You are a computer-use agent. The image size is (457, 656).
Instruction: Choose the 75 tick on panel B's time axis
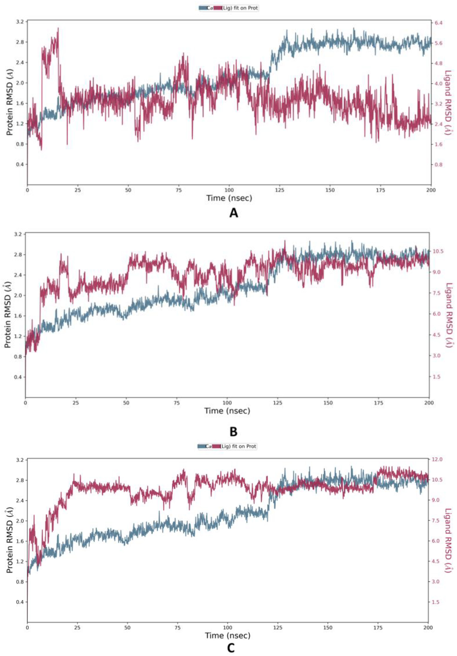[x=177, y=403]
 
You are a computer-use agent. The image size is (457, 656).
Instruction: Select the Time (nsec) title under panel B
[x=227, y=411]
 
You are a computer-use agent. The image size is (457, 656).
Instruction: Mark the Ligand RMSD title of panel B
[x=449, y=315]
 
